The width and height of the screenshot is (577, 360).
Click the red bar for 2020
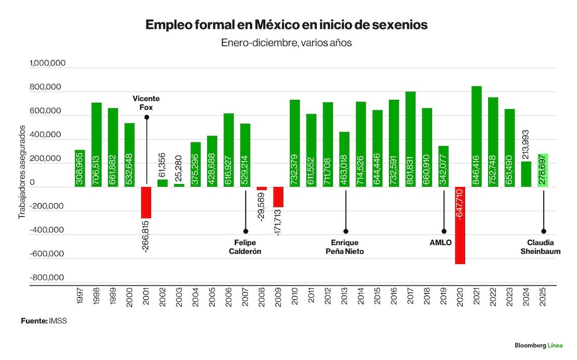460,225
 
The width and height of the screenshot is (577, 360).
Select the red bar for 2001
146,202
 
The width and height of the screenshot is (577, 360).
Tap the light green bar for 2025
543,170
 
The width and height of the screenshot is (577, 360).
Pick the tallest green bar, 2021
477,136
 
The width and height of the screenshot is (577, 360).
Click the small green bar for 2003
179,185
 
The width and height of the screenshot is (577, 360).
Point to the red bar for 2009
278,197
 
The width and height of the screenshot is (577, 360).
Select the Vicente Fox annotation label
146,103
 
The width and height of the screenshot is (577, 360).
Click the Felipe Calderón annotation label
245,247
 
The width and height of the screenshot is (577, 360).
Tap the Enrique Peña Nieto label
345,247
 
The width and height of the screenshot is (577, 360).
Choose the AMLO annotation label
440,242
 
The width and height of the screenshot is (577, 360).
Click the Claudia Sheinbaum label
540,247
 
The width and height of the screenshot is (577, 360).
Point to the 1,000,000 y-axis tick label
47,63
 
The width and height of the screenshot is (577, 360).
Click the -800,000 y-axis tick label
47,277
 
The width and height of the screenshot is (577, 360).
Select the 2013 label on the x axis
344,296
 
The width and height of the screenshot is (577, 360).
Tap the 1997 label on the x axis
80,296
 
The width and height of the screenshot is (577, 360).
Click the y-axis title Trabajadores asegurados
22,172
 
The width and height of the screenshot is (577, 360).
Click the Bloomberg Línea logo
539,345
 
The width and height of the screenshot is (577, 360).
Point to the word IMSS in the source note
58,321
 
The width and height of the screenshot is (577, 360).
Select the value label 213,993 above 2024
526,144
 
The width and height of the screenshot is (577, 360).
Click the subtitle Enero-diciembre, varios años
286,43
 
